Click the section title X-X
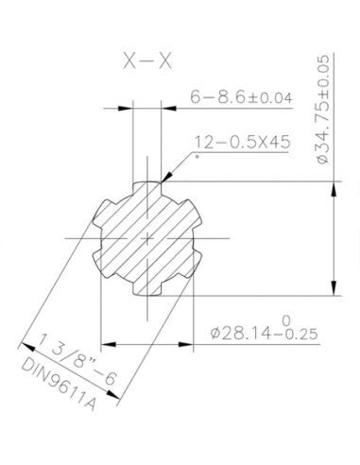point(146,61)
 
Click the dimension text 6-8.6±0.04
point(240,97)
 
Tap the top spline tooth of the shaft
point(147,185)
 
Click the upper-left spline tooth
point(105,211)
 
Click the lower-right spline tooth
point(190,267)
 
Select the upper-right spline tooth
point(190,211)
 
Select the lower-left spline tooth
point(105,267)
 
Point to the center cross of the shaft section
point(147,239)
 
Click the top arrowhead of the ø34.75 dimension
point(333,185)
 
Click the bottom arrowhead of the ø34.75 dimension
point(333,291)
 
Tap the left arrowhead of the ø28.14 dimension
point(106,334)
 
